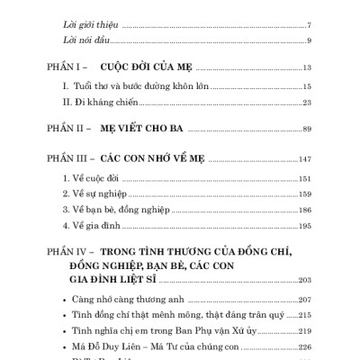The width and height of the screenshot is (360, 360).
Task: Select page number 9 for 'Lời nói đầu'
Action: [x=309, y=40]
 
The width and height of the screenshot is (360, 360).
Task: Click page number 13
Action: [x=307, y=68]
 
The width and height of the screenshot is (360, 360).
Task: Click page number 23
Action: [x=307, y=105]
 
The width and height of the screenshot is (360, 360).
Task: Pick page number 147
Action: [x=305, y=157]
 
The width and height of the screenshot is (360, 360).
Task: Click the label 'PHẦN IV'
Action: [x=67, y=255]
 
